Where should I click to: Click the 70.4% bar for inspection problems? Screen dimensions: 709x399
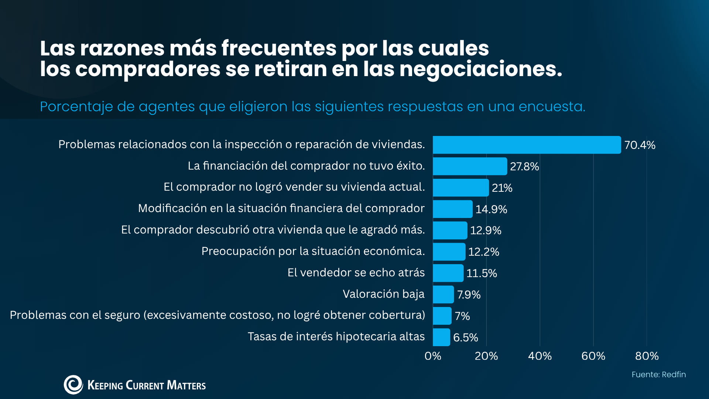pyautogui.click(x=527, y=145)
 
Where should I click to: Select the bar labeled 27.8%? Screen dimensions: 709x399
pyautogui.click(x=470, y=166)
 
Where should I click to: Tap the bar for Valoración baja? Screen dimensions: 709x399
pyautogui.click(x=443, y=294)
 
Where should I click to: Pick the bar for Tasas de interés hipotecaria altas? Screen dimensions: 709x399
pyautogui.click(x=442, y=337)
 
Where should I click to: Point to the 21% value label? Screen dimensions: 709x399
pyautogui.click(x=502, y=188)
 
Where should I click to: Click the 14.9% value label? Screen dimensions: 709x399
pyautogui.click(x=491, y=209)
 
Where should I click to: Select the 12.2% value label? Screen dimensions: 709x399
pyautogui.click(x=484, y=252)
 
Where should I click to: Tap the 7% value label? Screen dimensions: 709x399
pyautogui.click(x=462, y=316)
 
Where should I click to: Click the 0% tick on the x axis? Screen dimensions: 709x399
pyautogui.click(x=433, y=356)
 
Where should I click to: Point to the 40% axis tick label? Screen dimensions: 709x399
pyautogui.click(x=540, y=356)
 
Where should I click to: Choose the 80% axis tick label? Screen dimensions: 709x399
pyautogui.click(x=647, y=356)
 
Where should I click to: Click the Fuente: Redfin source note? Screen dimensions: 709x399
pyautogui.click(x=659, y=375)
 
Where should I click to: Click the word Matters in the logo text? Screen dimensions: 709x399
pyautogui.click(x=186, y=385)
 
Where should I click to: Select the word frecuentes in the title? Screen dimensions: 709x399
pyautogui.click(x=279, y=48)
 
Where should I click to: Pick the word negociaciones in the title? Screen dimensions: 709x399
pyautogui.click(x=481, y=69)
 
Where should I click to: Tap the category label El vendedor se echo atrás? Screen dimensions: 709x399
pyautogui.click(x=356, y=273)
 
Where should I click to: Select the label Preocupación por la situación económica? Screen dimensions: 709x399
pyautogui.click(x=313, y=252)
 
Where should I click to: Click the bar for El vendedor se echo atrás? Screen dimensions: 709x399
pyautogui.click(x=448, y=273)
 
